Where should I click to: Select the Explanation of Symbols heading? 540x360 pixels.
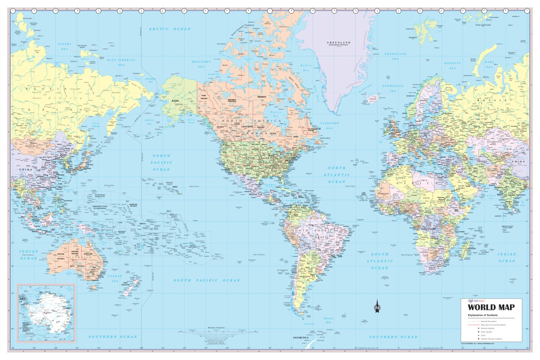(484, 315)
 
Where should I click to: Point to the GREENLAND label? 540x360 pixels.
(340, 43)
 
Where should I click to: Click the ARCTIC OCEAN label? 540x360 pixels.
(170, 29)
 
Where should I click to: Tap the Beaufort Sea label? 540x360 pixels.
(201, 64)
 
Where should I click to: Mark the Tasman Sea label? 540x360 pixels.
(115, 278)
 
